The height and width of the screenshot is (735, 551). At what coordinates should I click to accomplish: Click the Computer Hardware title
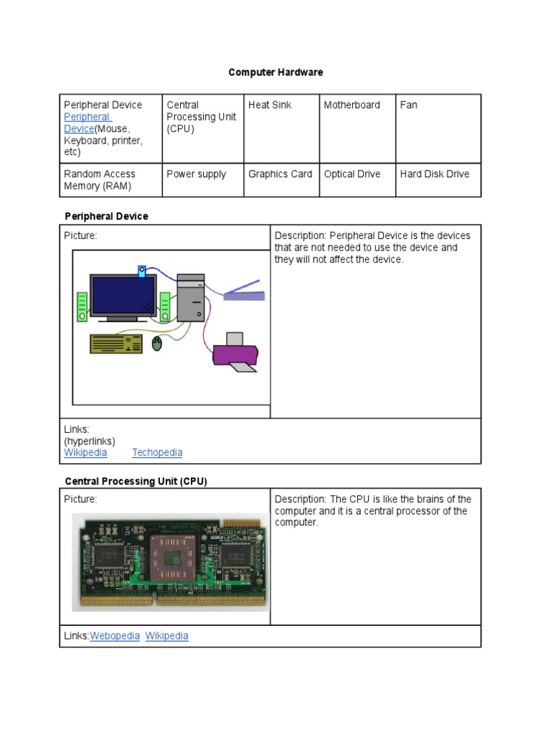pos(275,72)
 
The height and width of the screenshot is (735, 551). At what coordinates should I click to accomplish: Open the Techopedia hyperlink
pos(157,453)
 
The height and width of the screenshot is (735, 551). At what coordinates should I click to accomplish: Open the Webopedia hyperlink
pos(115,636)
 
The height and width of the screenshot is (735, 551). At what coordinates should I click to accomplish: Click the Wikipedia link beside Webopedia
pos(166,636)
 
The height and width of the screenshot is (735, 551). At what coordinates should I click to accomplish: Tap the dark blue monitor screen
pos(123,295)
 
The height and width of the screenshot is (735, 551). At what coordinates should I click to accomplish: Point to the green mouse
pos(158,345)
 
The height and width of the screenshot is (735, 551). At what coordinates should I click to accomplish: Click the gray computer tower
pos(190,297)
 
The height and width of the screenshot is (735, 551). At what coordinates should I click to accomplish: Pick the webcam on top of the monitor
pos(142,271)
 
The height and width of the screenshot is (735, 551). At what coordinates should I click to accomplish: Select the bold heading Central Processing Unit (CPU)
pos(136,482)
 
